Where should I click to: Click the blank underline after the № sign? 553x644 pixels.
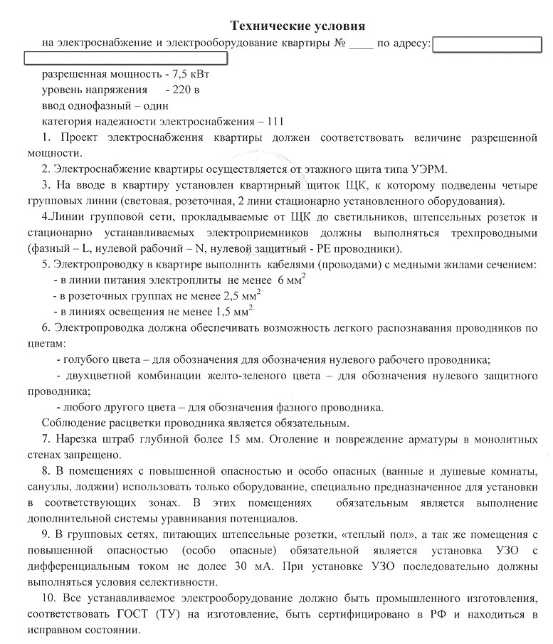361,44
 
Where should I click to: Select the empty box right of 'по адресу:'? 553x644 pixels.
488,45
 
